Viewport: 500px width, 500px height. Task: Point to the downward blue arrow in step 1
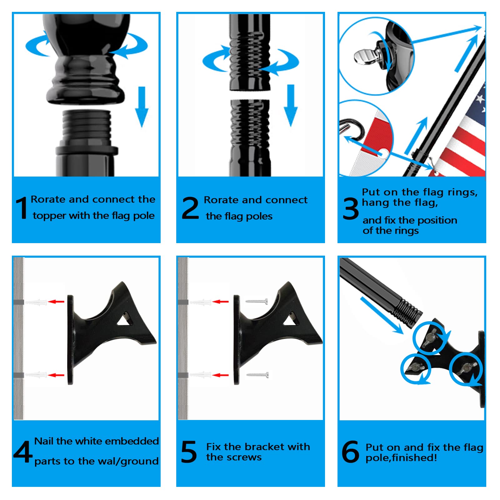pyautogui.click(x=142, y=106)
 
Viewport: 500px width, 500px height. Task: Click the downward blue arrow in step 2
pyautogui.click(x=291, y=105)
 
